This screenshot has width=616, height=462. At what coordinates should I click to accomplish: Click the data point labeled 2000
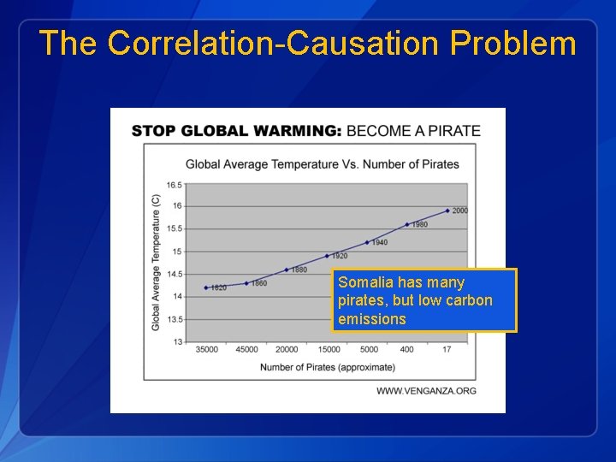pos(447,210)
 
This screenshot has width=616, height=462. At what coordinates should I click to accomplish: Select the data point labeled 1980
pos(407,224)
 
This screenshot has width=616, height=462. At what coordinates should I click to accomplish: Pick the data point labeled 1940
pos(367,242)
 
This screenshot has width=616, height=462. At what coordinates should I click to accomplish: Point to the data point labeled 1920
pos(327,256)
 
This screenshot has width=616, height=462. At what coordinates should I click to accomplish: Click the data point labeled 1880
pos(287,269)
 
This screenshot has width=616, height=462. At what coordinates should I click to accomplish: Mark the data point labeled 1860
pos(246,283)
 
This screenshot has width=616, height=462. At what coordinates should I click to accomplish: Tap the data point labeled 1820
pos(206,287)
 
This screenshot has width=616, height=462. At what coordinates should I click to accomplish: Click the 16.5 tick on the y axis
pos(174,185)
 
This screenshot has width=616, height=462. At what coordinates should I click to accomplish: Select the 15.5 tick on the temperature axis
pos(174,228)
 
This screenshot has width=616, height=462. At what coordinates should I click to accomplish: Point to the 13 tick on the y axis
pos(177,341)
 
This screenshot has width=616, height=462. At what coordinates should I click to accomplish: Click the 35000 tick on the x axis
pos(206,349)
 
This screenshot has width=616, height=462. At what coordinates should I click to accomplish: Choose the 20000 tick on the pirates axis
pos(287,349)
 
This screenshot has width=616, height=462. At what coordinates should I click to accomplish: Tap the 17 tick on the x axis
pos(447,349)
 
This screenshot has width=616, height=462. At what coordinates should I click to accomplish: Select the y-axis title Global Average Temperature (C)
pos(156,262)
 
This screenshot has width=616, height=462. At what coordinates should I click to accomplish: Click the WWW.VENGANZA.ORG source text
pos(426,391)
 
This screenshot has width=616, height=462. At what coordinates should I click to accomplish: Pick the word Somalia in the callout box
pos(365,282)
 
